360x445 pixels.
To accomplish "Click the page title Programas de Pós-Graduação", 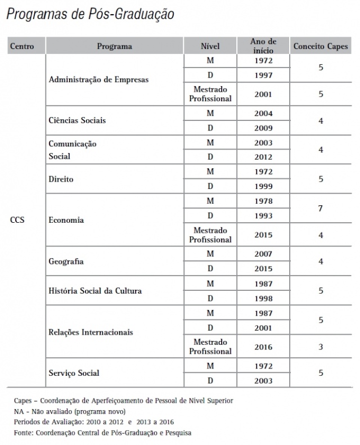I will (89, 14).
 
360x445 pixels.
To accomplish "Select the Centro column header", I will (22, 46).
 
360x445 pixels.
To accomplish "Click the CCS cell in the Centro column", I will (17, 220).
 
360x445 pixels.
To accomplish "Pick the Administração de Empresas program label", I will (98, 80).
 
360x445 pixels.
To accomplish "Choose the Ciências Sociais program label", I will (77, 120).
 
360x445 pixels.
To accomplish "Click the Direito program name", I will (61, 179).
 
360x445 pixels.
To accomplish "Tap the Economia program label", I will (66, 220).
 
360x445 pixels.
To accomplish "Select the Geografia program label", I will (67, 262).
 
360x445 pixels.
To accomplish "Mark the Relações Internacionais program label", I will (99, 332).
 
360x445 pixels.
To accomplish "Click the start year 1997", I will (263, 75).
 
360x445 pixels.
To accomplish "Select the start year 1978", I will (263, 201).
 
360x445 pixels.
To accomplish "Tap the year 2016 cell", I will (263, 347).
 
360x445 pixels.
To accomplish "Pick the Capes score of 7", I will (320, 208).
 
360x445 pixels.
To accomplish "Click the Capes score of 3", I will (320, 347).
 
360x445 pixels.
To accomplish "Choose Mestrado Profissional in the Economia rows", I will (210, 235).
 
